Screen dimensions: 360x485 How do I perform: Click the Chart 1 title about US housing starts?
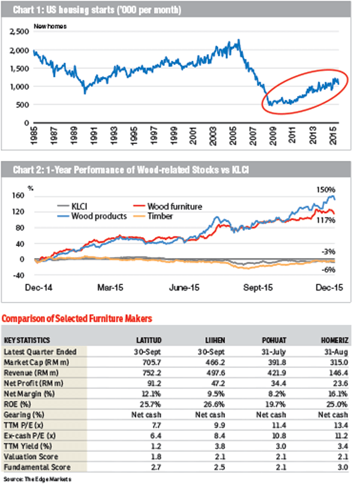click(97, 10)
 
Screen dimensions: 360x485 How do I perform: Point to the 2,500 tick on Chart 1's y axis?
click(19, 32)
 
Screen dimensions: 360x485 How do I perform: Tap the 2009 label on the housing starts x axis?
click(272, 136)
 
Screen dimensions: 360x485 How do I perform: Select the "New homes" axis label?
click(50, 26)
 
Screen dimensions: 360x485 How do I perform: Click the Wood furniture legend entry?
click(167, 206)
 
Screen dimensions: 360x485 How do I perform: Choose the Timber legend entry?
click(153, 216)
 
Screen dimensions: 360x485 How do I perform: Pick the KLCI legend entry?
click(72, 206)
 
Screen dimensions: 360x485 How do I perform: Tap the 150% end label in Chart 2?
click(326, 189)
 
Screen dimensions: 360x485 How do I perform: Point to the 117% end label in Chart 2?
click(326, 220)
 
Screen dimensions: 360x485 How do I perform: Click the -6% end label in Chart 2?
click(328, 270)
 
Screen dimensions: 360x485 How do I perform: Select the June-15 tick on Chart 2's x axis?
click(184, 288)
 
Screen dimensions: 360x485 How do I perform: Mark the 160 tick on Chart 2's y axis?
click(19, 196)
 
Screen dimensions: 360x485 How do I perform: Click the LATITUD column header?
click(149, 340)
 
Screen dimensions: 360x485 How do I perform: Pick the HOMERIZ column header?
click(335, 340)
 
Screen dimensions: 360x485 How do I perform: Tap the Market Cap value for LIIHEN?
click(215, 362)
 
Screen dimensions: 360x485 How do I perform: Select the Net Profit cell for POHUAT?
click(278, 383)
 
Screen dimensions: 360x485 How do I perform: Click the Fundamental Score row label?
click(37, 467)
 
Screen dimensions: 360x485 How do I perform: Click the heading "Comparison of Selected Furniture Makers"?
click(77, 319)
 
